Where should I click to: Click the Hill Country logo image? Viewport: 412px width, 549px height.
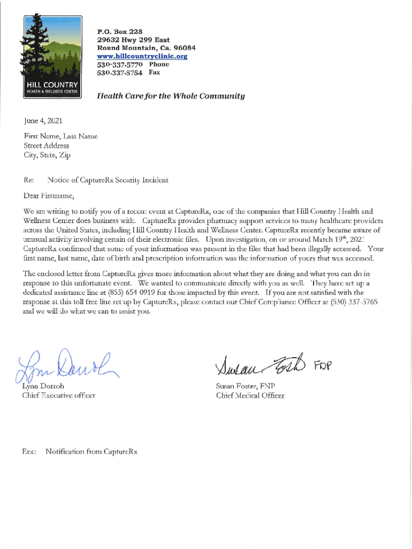[x=51, y=56]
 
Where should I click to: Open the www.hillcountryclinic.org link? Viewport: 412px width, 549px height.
[x=142, y=56]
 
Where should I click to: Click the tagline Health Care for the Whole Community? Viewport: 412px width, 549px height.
[x=170, y=97]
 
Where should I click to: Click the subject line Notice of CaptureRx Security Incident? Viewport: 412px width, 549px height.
[x=108, y=180]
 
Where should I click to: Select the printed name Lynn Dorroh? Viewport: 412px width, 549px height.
[x=43, y=386]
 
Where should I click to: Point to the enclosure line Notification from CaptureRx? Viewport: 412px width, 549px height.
[x=91, y=451]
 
